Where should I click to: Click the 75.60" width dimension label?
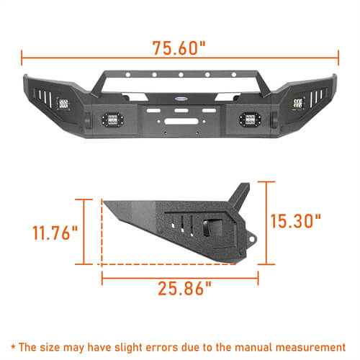[179, 49]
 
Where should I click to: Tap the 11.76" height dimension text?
[55, 234]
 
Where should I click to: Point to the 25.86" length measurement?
[184, 289]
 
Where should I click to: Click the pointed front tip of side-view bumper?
[105, 204]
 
